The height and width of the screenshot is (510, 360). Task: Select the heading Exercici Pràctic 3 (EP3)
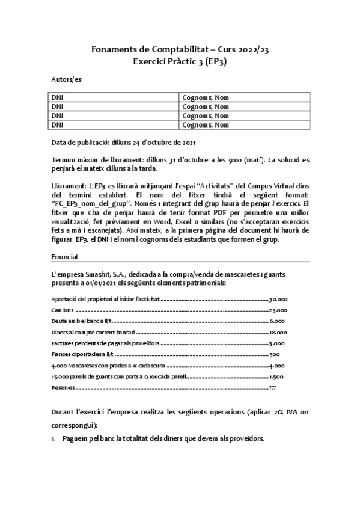(x=180, y=61)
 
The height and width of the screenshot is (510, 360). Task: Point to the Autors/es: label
(x=67, y=79)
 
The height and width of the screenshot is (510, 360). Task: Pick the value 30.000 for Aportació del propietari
(x=279, y=298)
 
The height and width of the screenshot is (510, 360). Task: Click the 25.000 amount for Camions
(x=278, y=310)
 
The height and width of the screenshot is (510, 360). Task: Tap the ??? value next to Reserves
(x=273, y=388)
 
